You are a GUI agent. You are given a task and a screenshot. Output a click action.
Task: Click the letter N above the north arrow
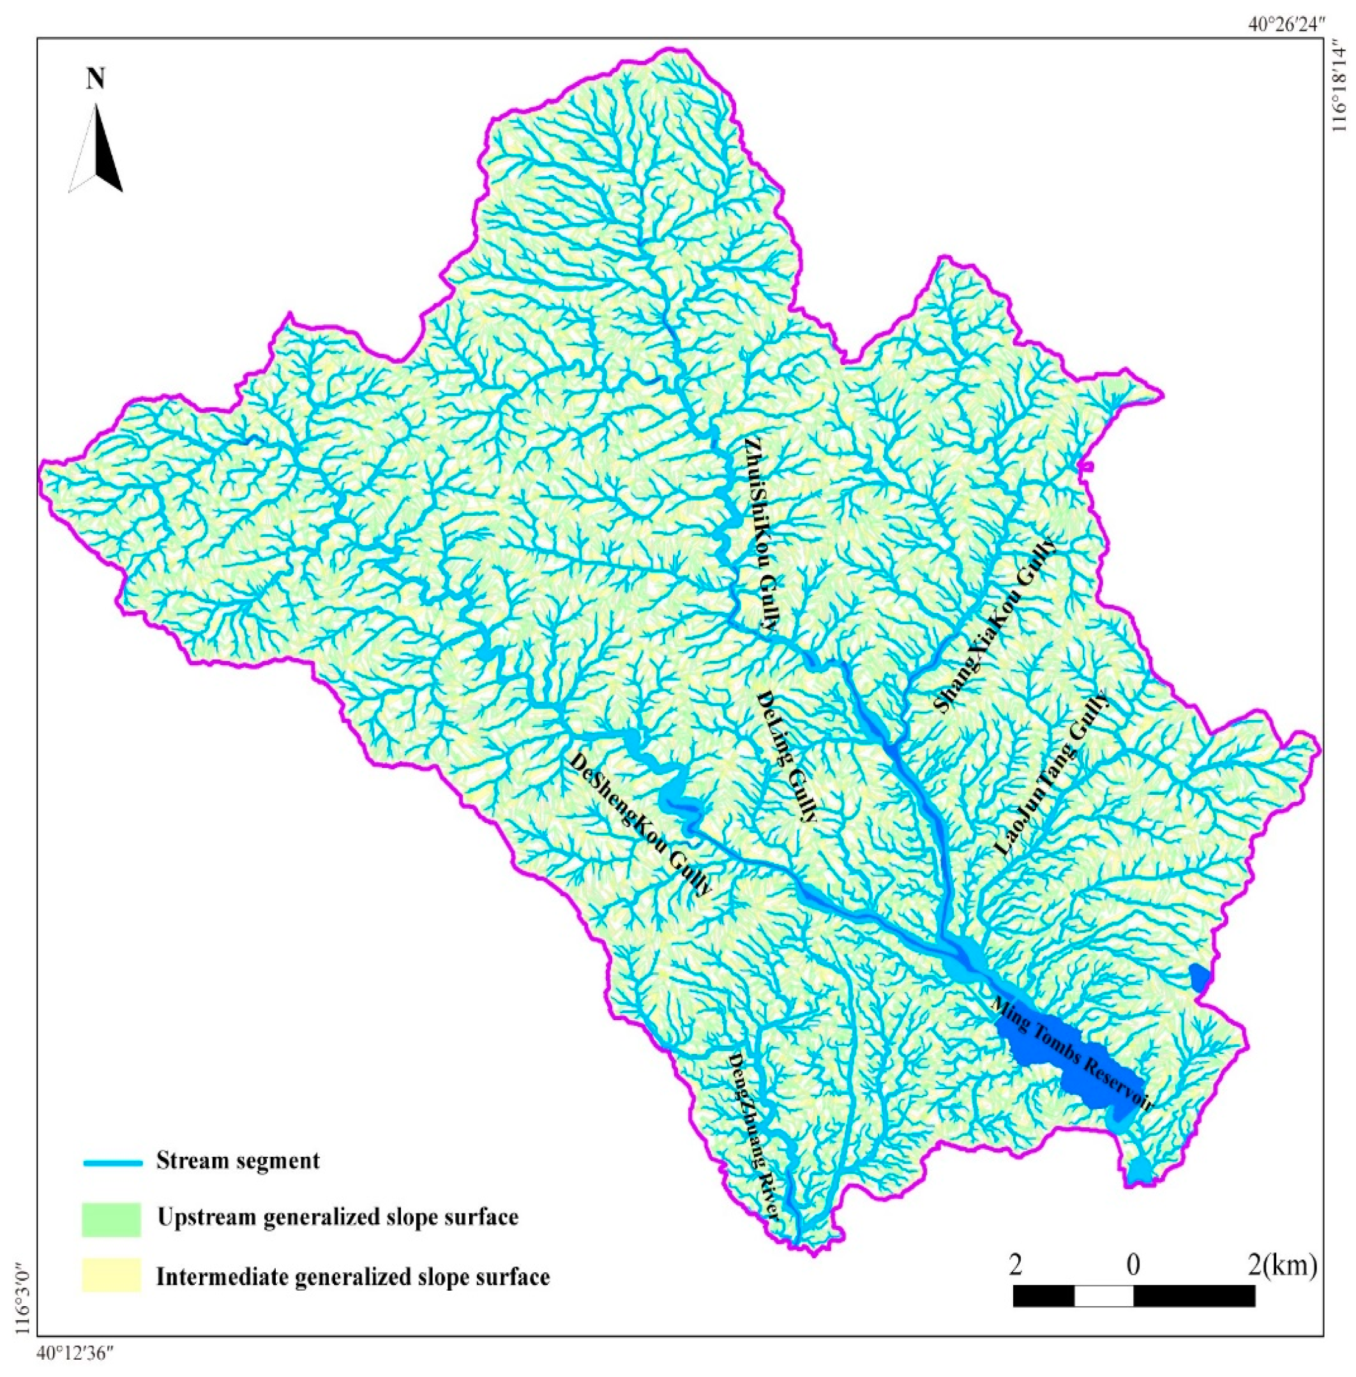click(95, 79)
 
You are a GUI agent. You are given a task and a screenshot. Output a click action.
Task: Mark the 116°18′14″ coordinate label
click(1340, 88)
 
